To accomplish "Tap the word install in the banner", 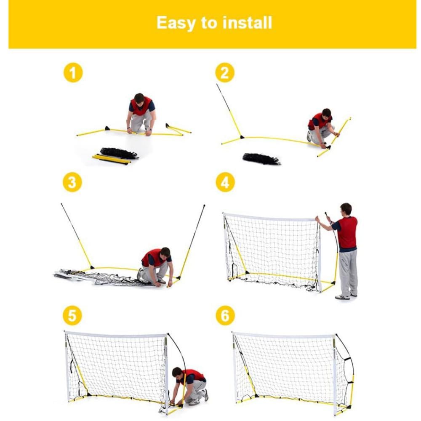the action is [x=247, y=22].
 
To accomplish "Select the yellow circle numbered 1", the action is [x=73, y=72].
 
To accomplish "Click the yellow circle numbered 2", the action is [x=225, y=72].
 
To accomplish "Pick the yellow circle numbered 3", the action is [x=72, y=182].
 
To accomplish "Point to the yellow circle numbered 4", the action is [x=225, y=182].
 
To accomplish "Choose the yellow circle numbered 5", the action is [x=72, y=315].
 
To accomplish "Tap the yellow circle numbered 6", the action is [x=225, y=315].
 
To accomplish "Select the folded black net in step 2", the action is [x=261, y=159].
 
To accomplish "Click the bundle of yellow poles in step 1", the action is [x=111, y=159].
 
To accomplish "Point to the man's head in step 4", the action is [x=346, y=209].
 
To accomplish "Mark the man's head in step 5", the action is [x=177, y=373].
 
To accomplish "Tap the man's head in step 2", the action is [x=327, y=113].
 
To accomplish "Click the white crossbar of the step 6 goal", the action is [x=284, y=335].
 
